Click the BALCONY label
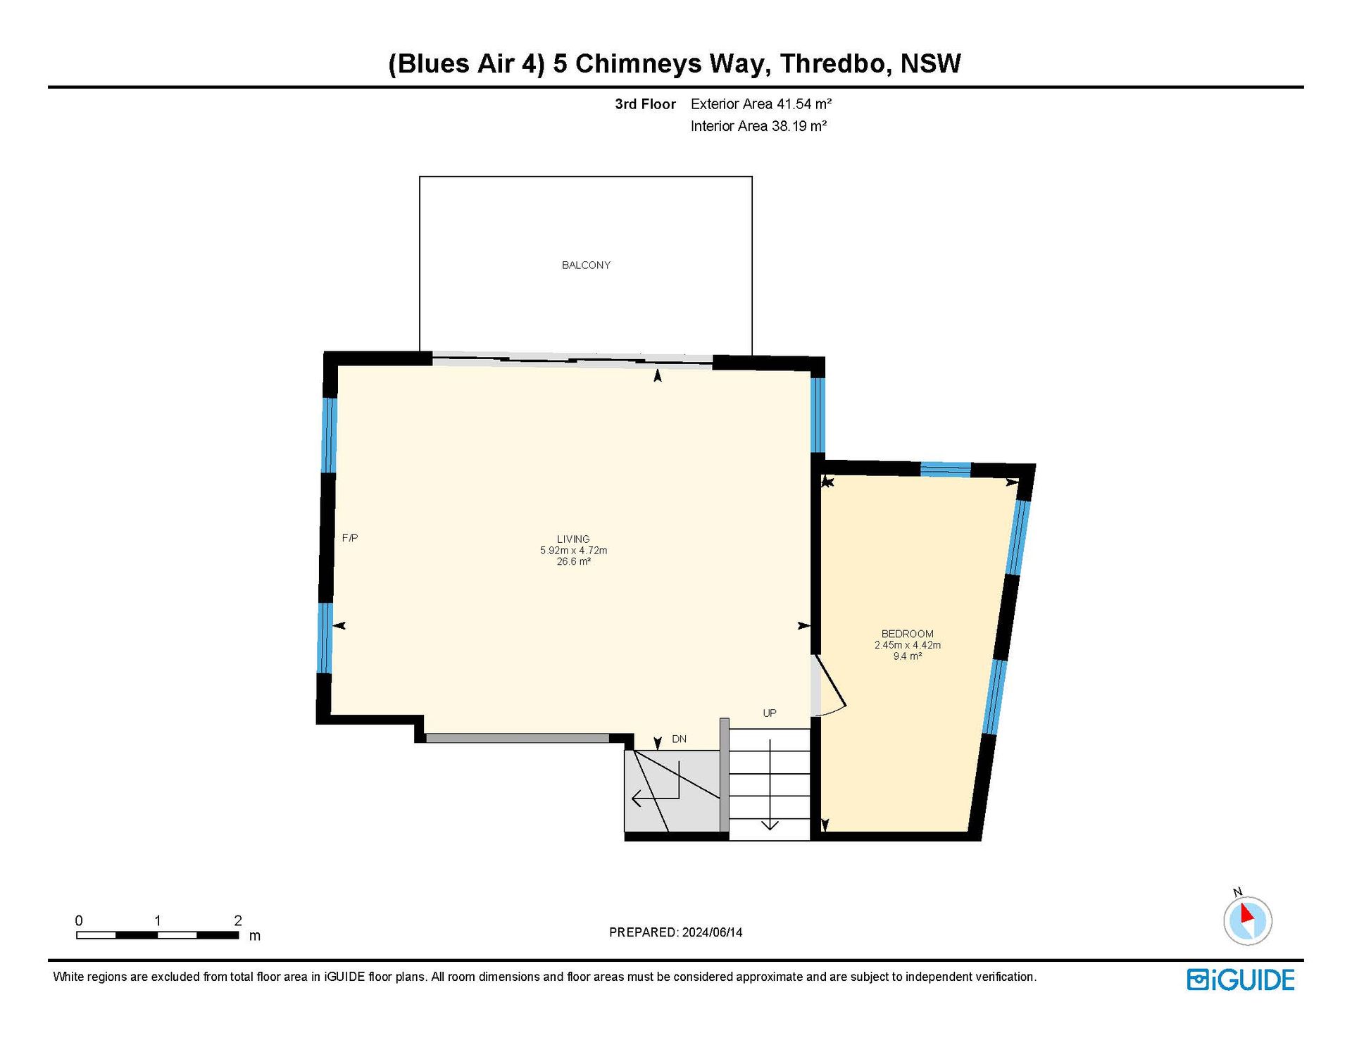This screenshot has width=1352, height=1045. tap(586, 265)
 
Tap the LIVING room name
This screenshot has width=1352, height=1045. tap(573, 539)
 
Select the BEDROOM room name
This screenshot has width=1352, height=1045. tap(908, 634)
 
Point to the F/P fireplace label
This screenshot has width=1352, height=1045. tap(350, 538)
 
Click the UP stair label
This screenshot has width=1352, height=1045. tap(770, 713)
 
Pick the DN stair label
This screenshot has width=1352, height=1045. tap(679, 739)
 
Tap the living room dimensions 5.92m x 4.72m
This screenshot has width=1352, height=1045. tap(573, 551)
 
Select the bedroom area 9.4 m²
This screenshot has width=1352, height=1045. tap(908, 656)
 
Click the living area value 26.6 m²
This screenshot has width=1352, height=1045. tap(573, 562)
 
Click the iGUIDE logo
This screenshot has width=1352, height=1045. tap(1241, 980)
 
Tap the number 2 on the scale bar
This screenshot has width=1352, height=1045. tap(238, 920)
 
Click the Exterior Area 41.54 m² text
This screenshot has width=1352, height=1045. tap(761, 104)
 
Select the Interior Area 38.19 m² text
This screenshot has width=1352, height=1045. tap(758, 126)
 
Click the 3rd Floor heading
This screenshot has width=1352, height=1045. tap(645, 104)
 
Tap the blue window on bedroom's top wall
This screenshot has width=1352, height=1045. tap(946, 469)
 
